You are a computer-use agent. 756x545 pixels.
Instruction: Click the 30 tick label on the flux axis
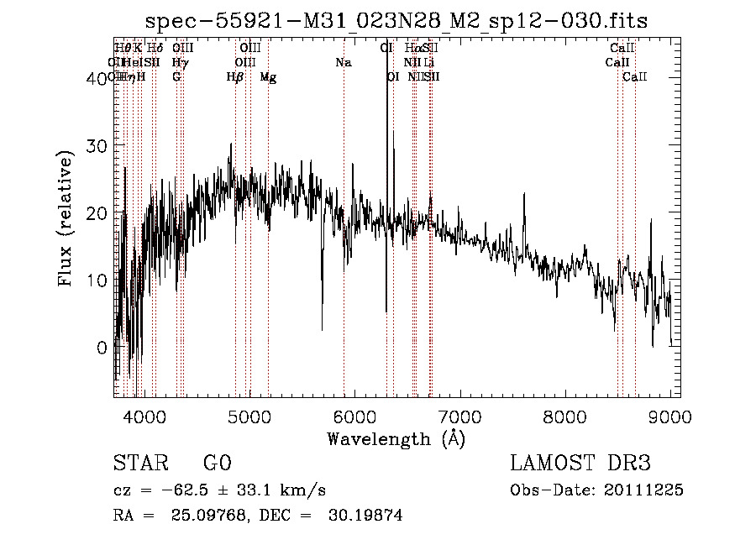point(98,145)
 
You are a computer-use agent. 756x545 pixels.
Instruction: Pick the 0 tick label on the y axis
point(102,348)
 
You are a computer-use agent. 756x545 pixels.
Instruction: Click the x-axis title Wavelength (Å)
point(396,438)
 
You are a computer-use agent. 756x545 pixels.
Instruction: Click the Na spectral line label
point(343,63)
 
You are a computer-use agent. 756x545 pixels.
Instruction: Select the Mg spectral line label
point(268,77)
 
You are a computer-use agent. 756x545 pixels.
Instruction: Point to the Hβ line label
point(234,77)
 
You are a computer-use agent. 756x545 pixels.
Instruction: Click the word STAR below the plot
point(139,464)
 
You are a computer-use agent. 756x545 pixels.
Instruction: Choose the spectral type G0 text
point(217,464)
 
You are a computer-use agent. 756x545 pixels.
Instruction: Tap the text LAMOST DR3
point(580,464)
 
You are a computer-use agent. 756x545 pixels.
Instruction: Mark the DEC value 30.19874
point(365,516)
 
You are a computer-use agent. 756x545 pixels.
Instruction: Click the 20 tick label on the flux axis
point(98,213)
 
